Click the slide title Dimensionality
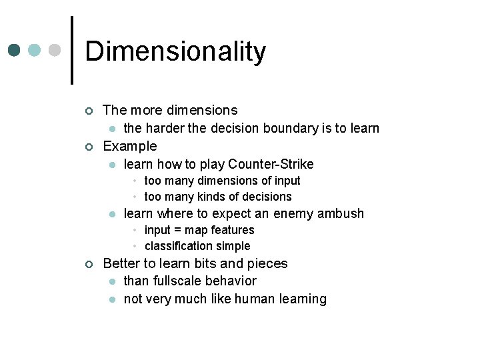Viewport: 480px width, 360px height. [175, 51]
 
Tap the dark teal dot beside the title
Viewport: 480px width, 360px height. [15, 51]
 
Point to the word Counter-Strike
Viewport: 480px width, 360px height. [271, 164]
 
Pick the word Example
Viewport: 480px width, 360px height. [130, 146]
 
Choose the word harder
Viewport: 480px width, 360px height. [165, 128]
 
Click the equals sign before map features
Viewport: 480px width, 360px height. [177, 230]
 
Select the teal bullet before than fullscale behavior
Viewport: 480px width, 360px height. [113, 281]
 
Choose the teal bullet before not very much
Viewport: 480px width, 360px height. [113, 299]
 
